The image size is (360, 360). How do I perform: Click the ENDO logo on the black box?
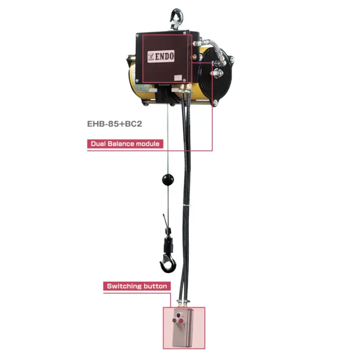coord(160,56)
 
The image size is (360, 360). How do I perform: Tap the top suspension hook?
coord(176,19)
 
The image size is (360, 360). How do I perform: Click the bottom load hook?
coord(169,263)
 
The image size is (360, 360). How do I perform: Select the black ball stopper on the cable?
coord(168,179)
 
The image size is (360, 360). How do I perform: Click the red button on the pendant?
coord(182,320)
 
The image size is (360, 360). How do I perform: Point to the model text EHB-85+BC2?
coord(115,124)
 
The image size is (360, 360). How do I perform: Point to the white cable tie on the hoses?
coord(186,205)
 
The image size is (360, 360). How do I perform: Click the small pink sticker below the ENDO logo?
coord(178,78)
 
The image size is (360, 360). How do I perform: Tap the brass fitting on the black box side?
coord(194,56)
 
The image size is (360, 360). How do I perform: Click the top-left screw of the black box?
coord(138,35)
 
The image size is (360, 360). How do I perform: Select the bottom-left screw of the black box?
coord(137,80)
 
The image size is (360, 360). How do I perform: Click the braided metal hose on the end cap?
coord(217,49)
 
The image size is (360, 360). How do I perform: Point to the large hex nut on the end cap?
coord(217,73)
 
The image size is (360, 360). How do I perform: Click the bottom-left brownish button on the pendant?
coord(175,320)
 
